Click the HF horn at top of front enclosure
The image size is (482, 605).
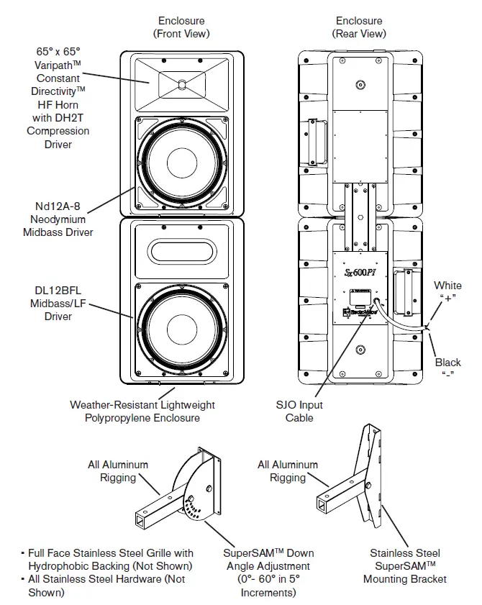point(181,84)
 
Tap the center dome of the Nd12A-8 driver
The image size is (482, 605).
point(181,165)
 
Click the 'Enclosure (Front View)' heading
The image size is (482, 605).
point(181,27)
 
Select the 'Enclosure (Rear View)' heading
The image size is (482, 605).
point(359,27)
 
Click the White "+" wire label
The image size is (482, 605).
point(447,291)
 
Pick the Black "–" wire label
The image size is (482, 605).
point(447,368)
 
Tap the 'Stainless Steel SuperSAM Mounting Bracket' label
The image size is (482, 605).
point(404,565)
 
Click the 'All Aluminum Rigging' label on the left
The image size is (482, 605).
point(118,471)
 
